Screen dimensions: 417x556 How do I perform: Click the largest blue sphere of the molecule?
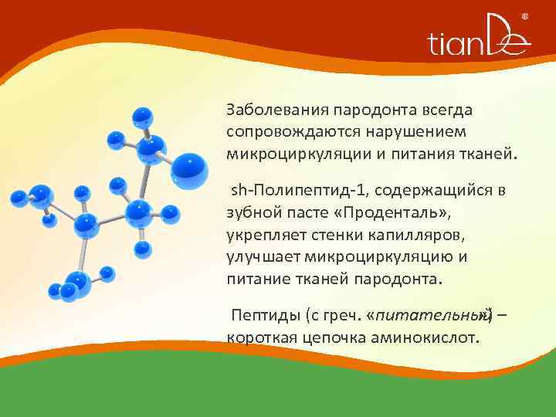click(188, 169)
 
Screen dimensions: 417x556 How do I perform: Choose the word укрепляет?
click(261, 234)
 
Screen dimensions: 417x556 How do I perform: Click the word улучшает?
click(263, 256)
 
